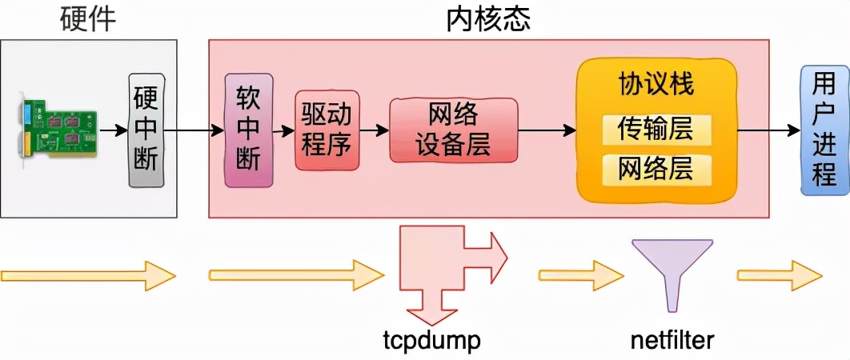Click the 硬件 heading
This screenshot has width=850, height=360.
pyautogui.click(x=88, y=19)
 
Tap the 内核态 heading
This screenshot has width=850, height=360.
pyautogui.click(x=488, y=19)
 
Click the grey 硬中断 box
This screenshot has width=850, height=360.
pyautogui.click(x=146, y=130)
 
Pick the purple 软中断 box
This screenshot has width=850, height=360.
pyautogui.click(x=248, y=130)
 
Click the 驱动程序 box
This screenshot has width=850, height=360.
pyautogui.click(x=326, y=130)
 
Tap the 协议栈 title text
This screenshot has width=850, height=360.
pyautogui.click(x=656, y=85)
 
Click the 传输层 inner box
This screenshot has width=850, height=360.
pyautogui.click(x=656, y=129)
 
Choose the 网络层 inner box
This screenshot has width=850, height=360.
pyautogui.click(x=656, y=169)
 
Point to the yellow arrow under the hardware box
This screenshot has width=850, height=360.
pyautogui.click(x=88, y=276)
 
